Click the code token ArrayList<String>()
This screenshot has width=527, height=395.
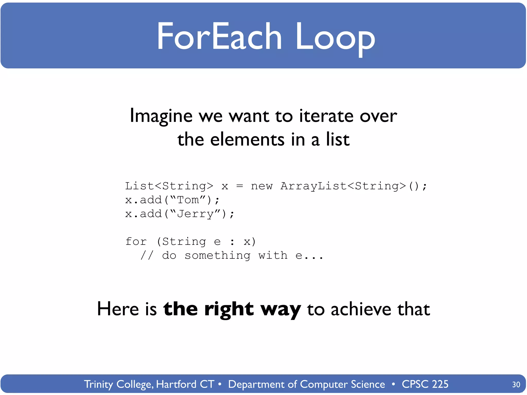(354, 186)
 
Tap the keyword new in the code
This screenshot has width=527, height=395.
(261, 186)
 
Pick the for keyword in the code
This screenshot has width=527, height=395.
(136, 241)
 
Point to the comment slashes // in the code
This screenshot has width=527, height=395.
(147, 255)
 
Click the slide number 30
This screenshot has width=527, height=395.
(516, 384)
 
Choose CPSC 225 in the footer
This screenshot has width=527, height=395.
(425, 384)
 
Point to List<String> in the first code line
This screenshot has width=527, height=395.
(169, 186)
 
